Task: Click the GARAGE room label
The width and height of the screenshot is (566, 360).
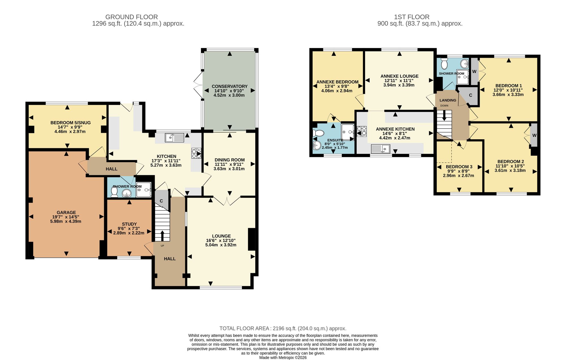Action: [x=66, y=212]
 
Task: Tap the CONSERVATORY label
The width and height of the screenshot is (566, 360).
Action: [x=230, y=86]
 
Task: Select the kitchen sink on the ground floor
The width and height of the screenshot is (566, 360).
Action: [x=175, y=138]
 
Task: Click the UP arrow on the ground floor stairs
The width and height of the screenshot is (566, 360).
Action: [x=162, y=235]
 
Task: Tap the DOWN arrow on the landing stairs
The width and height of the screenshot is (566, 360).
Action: [x=444, y=115]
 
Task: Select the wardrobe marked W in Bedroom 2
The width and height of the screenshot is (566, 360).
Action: [x=534, y=135]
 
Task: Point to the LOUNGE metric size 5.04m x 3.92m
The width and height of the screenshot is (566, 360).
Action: [x=221, y=245]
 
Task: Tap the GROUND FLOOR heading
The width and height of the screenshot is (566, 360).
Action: [x=132, y=17]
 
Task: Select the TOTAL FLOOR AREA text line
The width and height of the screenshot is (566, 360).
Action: [x=283, y=328]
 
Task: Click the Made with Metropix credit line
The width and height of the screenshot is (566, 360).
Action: [x=283, y=357]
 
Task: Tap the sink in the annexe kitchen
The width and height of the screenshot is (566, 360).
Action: [x=381, y=149]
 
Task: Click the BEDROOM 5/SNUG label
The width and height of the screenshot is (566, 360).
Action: [x=70, y=123]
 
